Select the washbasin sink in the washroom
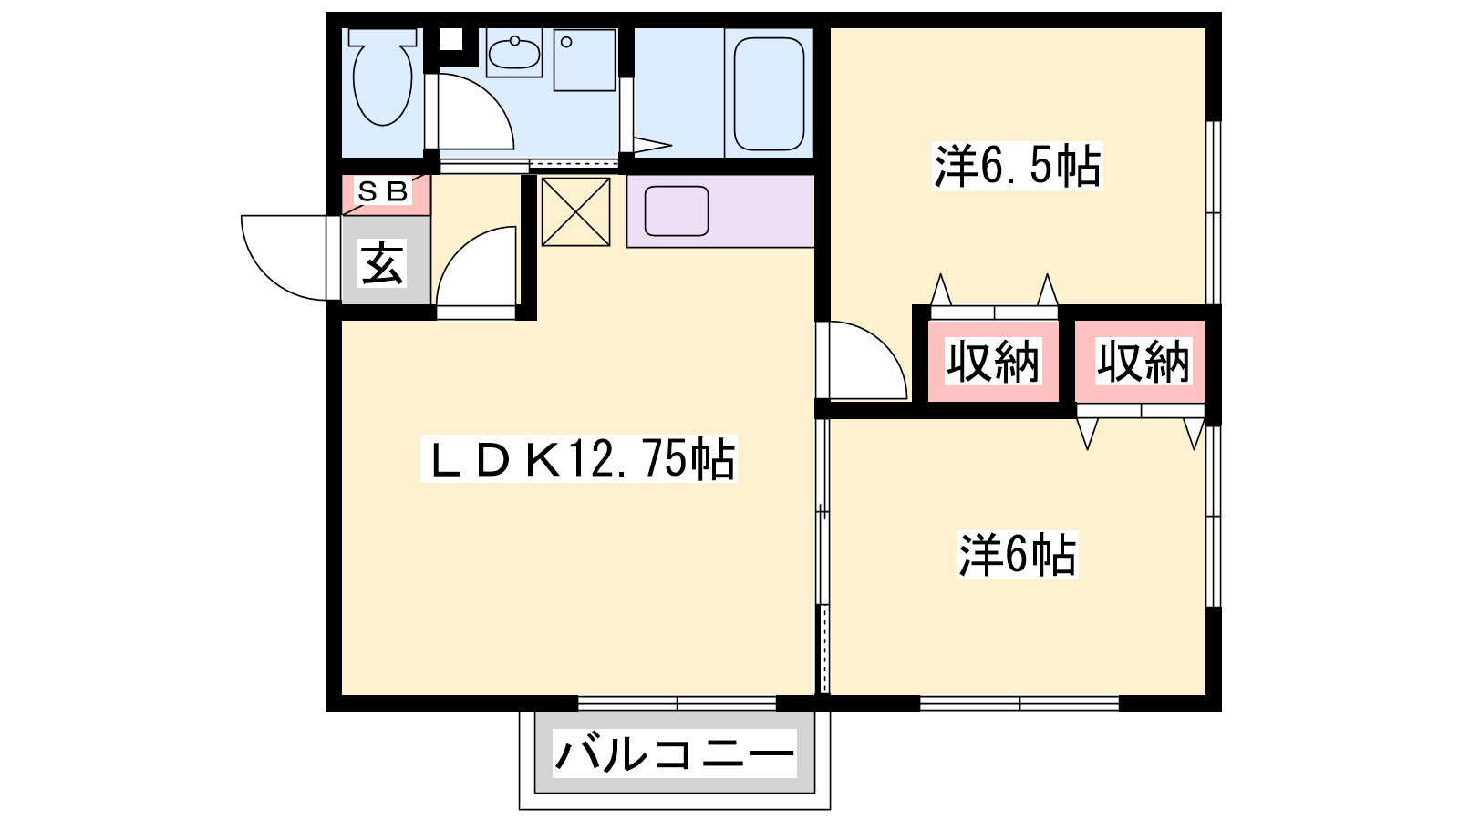pyautogui.click(x=514, y=52)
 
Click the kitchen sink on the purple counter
pyautogui.click(x=677, y=210)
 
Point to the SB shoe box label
pyautogui.click(x=383, y=191)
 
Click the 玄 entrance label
pyautogui.click(x=382, y=262)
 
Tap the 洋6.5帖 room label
pyautogui.click(x=1018, y=165)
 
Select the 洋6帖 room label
pyautogui.click(x=1018, y=555)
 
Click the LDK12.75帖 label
pyautogui.click(x=579, y=458)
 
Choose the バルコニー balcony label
pyautogui.click(x=675, y=753)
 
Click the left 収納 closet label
pyautogui.click(x=993, y=361)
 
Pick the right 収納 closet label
pyautogui.click(x=1143, y=361)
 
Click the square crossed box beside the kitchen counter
pyautogui.click(x=575, y=212)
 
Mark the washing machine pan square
pyautogui.click(x=585, y=60)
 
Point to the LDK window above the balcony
pyautogui.click(x=678, y=703)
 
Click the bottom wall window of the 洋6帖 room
pyautogui.click(x=1019, y=703)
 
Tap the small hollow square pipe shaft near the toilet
pyautogui.click(x=450, y=39)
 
